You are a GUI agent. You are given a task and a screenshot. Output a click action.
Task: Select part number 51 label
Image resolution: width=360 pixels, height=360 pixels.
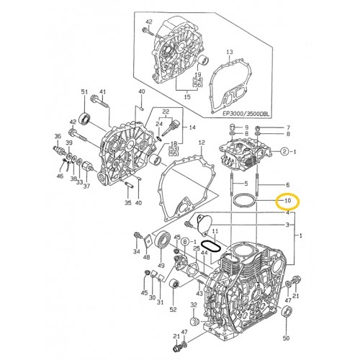(x=84, y=93)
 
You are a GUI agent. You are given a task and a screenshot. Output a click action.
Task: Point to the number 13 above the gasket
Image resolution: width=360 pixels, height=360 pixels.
(x=229, y=53)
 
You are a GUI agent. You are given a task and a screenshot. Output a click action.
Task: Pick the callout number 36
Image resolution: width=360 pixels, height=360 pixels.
(x=58, y=135)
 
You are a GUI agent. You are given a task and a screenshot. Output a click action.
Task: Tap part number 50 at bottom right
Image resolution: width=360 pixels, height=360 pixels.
(x=287, y=338)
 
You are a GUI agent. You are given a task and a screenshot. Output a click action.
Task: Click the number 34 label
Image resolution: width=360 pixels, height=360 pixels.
(x=136, y=252)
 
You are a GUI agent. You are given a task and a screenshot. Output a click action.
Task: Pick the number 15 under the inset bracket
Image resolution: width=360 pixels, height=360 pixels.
(x=187, y=96)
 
